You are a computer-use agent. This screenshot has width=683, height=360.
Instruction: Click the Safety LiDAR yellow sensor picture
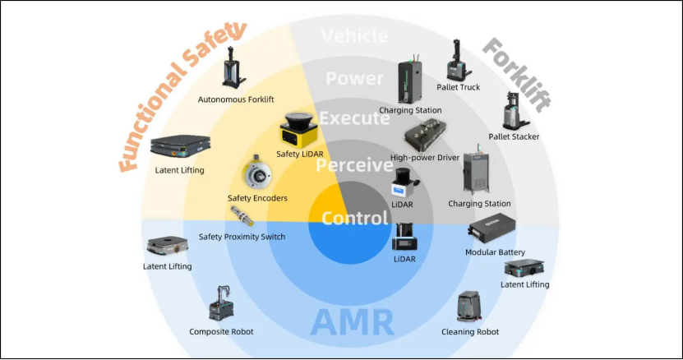point(298,129)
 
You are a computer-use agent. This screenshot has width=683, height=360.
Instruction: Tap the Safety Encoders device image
point(257,173)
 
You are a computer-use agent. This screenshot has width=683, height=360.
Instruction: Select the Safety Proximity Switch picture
point(242,215)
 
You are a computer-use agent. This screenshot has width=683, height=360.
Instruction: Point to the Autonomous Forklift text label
point(236,99)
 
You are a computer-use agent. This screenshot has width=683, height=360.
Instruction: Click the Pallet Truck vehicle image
point(458,60)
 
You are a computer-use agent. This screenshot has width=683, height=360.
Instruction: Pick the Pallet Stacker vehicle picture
point(515,111)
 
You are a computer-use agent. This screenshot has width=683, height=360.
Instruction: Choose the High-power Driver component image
point(426,135)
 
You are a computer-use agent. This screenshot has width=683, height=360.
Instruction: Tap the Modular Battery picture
point(491,228)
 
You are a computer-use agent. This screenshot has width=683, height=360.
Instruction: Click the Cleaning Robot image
point(469,307)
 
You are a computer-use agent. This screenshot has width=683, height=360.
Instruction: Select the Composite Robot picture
point(222,303)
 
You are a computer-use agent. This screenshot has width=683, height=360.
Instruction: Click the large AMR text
point(352,322)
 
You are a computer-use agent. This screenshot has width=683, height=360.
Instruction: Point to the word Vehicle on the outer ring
point(354,35)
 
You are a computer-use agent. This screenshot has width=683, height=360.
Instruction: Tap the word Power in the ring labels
point(354,78)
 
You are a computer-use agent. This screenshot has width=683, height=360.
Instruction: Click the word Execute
point(354,118)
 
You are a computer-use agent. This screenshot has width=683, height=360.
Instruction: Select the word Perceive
point(354,165)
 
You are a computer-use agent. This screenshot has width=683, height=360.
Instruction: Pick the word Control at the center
point(354,218)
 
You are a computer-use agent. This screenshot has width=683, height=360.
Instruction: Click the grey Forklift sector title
point(517,75)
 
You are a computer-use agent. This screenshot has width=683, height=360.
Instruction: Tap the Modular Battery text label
point(495,252)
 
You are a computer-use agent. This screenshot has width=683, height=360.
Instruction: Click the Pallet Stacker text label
point(514,136)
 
